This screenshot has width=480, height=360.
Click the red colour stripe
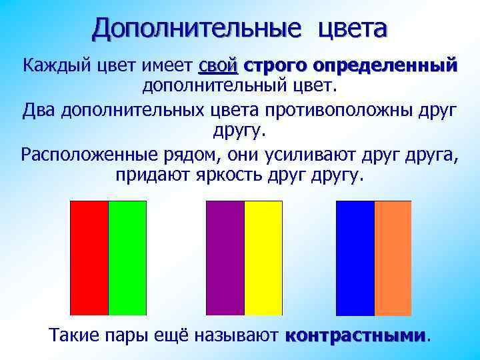[x=89, y=257]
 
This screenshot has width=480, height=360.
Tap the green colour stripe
[x=127, y=257]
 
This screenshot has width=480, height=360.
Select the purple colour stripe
[x=225, y=257]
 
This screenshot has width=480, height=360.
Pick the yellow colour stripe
[x=263, y=257]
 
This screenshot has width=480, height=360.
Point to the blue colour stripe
[x=355, y=257]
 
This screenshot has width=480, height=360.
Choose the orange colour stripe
[x=393, y=257]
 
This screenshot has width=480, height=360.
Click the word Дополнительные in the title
[x=197, y=28]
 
